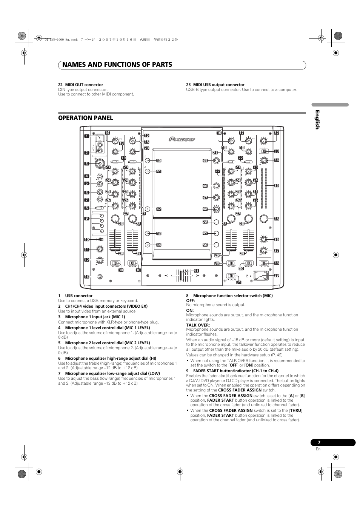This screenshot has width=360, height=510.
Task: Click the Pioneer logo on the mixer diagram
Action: tap(182, 139)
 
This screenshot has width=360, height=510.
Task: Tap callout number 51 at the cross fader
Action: tap(196, 271)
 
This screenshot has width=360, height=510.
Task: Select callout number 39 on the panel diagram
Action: tap(276, 276)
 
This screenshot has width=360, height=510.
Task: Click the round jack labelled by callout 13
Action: tap(100, 277)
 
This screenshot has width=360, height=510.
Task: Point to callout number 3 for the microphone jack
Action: tap(86, 164)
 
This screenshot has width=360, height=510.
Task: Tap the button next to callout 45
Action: tap(216, 160)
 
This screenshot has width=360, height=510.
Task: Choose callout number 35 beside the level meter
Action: tap(276, 185)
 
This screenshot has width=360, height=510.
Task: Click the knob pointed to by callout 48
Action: tap(216, 209)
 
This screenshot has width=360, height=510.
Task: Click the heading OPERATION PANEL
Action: tap(85, 118)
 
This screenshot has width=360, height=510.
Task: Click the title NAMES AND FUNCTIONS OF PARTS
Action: tap(115, 65)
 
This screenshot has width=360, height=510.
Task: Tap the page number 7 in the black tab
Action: tap(319, 442)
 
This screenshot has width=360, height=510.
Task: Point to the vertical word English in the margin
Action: tap(317, 120)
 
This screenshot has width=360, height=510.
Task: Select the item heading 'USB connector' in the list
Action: tap(78, 296)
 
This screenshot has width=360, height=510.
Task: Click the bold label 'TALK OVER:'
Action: tap(198, 325)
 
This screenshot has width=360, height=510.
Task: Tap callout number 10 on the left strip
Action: tap(86, 240)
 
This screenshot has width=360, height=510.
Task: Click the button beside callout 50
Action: tap(216, 244)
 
